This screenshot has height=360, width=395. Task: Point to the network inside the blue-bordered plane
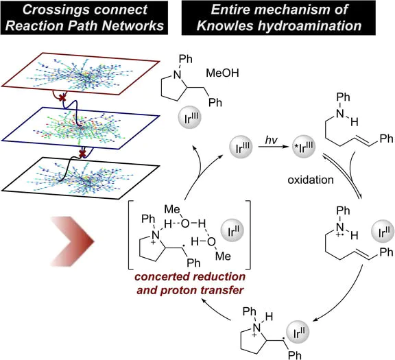pos(82,130)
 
